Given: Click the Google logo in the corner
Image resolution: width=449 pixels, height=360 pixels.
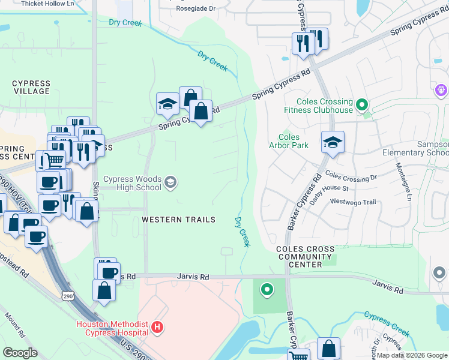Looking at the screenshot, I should pos(20,353).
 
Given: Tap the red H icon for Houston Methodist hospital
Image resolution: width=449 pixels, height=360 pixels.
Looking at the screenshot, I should pos(157,328).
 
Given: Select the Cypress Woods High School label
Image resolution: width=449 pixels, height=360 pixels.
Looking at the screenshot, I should pos(132,183).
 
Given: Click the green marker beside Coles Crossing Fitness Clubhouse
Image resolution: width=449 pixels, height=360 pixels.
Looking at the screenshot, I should pos(361,106).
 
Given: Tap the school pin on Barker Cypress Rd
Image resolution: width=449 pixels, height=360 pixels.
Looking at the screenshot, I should pos(333,143).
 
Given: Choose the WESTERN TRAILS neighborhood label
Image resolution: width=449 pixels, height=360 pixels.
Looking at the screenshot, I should pos(178,220).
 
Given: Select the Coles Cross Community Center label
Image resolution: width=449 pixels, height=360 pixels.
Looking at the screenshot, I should pos(304,256).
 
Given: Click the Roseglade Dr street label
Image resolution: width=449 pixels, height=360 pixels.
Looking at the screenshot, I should pos(195,9).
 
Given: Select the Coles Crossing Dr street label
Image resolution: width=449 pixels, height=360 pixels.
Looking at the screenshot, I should pos(351,177).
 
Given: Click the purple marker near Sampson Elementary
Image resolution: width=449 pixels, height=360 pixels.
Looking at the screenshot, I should pos(441,90).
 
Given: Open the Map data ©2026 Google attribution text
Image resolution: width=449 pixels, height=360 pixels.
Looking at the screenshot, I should pos(412,355).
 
